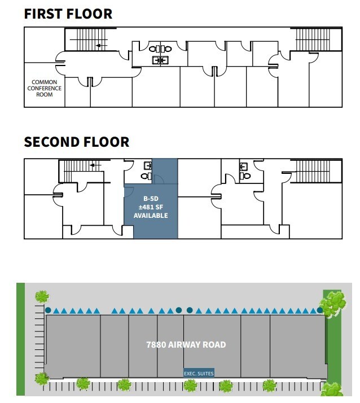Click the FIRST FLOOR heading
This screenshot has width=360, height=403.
[68, 14]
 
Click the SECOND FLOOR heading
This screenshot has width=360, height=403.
[76, 141]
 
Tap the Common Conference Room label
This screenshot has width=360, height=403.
[45, 88]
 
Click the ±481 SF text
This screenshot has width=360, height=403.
[151, 207]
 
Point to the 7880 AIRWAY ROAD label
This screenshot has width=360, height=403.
[186, 344]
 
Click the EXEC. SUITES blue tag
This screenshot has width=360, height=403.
[199, 373]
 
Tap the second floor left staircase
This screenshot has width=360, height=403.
[79, 170]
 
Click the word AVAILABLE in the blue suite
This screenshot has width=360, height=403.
[151, 216]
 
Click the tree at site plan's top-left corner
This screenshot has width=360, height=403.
[42, 296]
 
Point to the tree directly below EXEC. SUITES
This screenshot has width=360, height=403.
[190, 386]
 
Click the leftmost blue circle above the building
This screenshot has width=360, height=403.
[49, 310]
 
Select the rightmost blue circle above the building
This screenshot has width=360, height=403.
[319, 310]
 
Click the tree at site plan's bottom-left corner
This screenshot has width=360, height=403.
[41, 379]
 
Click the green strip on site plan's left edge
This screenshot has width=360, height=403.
[21, 339]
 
